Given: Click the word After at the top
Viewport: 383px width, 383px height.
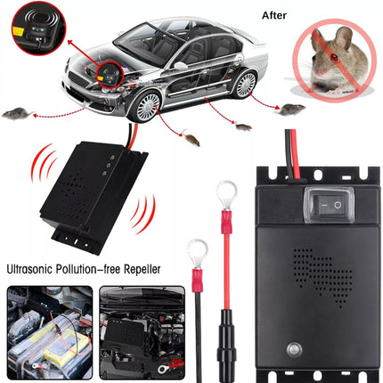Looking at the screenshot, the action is point(274,15).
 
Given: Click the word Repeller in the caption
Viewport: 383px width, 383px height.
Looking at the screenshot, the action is point(142,269).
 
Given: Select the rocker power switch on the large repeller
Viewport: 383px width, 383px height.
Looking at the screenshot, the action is point(330,205).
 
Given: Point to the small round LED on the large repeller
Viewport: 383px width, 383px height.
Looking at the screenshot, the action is point(294,349).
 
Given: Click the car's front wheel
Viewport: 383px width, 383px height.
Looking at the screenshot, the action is point(145,107).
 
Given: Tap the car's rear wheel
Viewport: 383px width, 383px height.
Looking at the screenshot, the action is point(246,84).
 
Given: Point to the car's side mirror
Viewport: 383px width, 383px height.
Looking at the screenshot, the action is point(180,66).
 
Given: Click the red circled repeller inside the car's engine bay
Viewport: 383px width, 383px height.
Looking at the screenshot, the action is point(109,75).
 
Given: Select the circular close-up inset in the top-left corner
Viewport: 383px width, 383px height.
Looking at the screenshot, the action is point(38,31).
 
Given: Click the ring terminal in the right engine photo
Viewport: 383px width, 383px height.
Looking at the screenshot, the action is point(163,369).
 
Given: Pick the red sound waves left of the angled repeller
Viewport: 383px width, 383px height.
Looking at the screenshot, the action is point(44,163).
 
